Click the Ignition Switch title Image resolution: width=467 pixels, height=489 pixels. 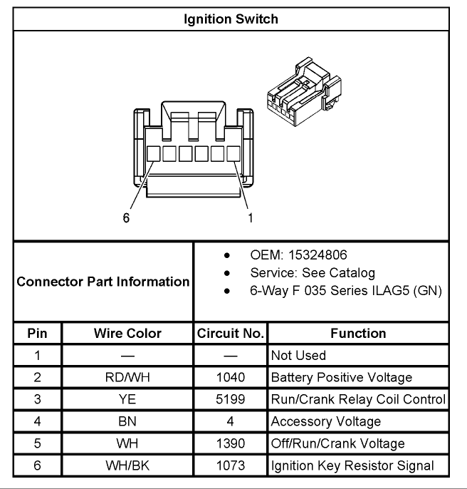[231, 19]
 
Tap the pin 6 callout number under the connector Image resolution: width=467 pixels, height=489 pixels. [126, 217]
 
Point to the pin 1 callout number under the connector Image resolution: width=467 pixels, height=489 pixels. [251, 217]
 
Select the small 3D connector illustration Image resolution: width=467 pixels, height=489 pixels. [305, 92]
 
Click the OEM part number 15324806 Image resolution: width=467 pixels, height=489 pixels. [318, 254]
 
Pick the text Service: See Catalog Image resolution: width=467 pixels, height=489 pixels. [313, 273]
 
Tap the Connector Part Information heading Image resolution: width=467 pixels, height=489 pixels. [103, 282]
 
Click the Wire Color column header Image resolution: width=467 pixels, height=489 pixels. [127, 334]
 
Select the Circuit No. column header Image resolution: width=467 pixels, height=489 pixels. [231, 334]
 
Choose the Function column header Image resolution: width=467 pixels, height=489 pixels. [358, 334]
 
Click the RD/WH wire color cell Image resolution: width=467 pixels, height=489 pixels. [127, 377]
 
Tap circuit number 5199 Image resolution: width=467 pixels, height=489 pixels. [231, 399]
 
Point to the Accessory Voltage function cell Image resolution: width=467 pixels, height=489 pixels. [326, 422]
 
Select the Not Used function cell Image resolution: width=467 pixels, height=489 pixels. [298, 356]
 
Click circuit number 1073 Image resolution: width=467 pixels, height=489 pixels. [231, 465]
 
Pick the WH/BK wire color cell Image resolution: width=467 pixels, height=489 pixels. [127, 465]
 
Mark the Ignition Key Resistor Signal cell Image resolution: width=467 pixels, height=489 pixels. [352, 465]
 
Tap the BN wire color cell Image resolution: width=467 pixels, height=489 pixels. [127, 422]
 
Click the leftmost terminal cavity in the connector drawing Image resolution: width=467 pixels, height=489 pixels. [153, 154]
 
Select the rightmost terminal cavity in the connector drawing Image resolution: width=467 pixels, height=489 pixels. [233, 154]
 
